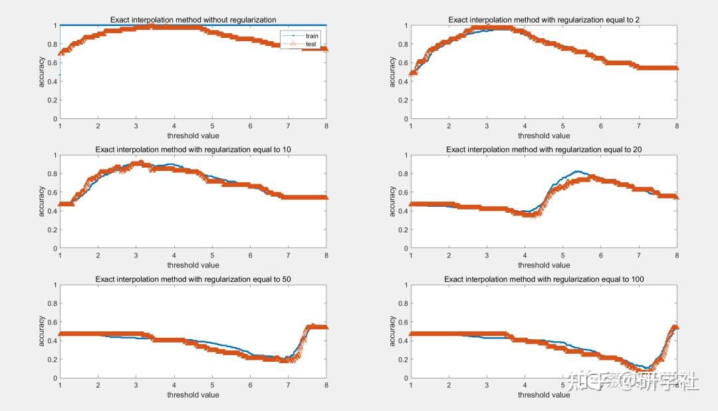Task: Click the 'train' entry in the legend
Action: pyautogui.click(x=311, y=35)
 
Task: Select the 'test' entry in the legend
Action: pyautogui.click(x=310, y=44)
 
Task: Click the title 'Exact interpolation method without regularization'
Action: pyautogui.click(x=193, y=20)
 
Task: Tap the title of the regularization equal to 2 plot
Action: pyautogui.click(x=543, y=20)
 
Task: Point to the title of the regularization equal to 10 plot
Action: pyautogui.click(x=193, y=150)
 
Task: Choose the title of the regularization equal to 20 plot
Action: pyautogui.click(x=543, y=150)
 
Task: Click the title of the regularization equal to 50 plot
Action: pyautogui.click(x=193, y=279)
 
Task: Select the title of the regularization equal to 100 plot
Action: pyautogui.click(x=543, y=279)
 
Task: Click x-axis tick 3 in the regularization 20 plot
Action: pyautogui.click(x=487, y=255)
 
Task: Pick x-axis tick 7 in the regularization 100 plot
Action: pyautogui.click(x=639, y=385)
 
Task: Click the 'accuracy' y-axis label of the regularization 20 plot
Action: pyautogui.click(x=392, y=202)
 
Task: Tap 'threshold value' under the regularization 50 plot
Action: pyautogui.click(x=193, y=394)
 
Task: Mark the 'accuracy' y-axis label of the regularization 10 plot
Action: pyautogui.click(x=42, y=202)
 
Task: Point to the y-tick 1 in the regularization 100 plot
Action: pyautogui.click(x=406, y=285)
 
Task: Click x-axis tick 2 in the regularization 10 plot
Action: pyautogui.click(x=98, y=255)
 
